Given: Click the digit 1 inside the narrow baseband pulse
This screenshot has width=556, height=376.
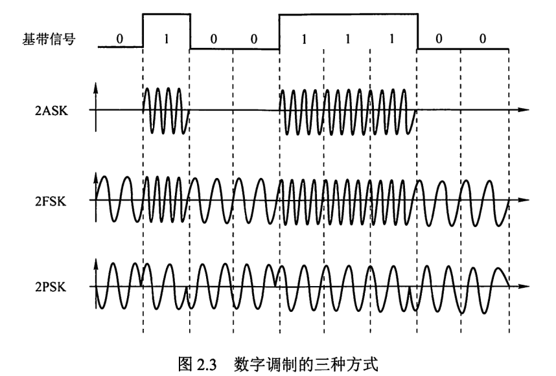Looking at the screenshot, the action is (167, 38).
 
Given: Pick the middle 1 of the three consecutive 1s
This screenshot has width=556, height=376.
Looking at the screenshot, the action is (348, 38).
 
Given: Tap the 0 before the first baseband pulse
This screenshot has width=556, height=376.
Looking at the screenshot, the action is (120, 38).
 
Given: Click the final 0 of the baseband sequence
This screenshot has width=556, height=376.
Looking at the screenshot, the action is (482, 38).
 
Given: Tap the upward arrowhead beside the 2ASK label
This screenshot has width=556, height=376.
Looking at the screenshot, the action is (97, 87).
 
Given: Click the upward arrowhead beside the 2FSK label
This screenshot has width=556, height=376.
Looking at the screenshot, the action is (97, 176).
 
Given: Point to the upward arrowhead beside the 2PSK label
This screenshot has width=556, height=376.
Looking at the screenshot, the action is (97, 262).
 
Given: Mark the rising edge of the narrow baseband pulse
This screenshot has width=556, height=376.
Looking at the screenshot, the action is (143, 29).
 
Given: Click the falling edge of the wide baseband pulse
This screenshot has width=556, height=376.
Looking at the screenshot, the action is (418, 29).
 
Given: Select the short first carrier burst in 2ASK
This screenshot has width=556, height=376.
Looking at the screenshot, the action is (166, 111).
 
